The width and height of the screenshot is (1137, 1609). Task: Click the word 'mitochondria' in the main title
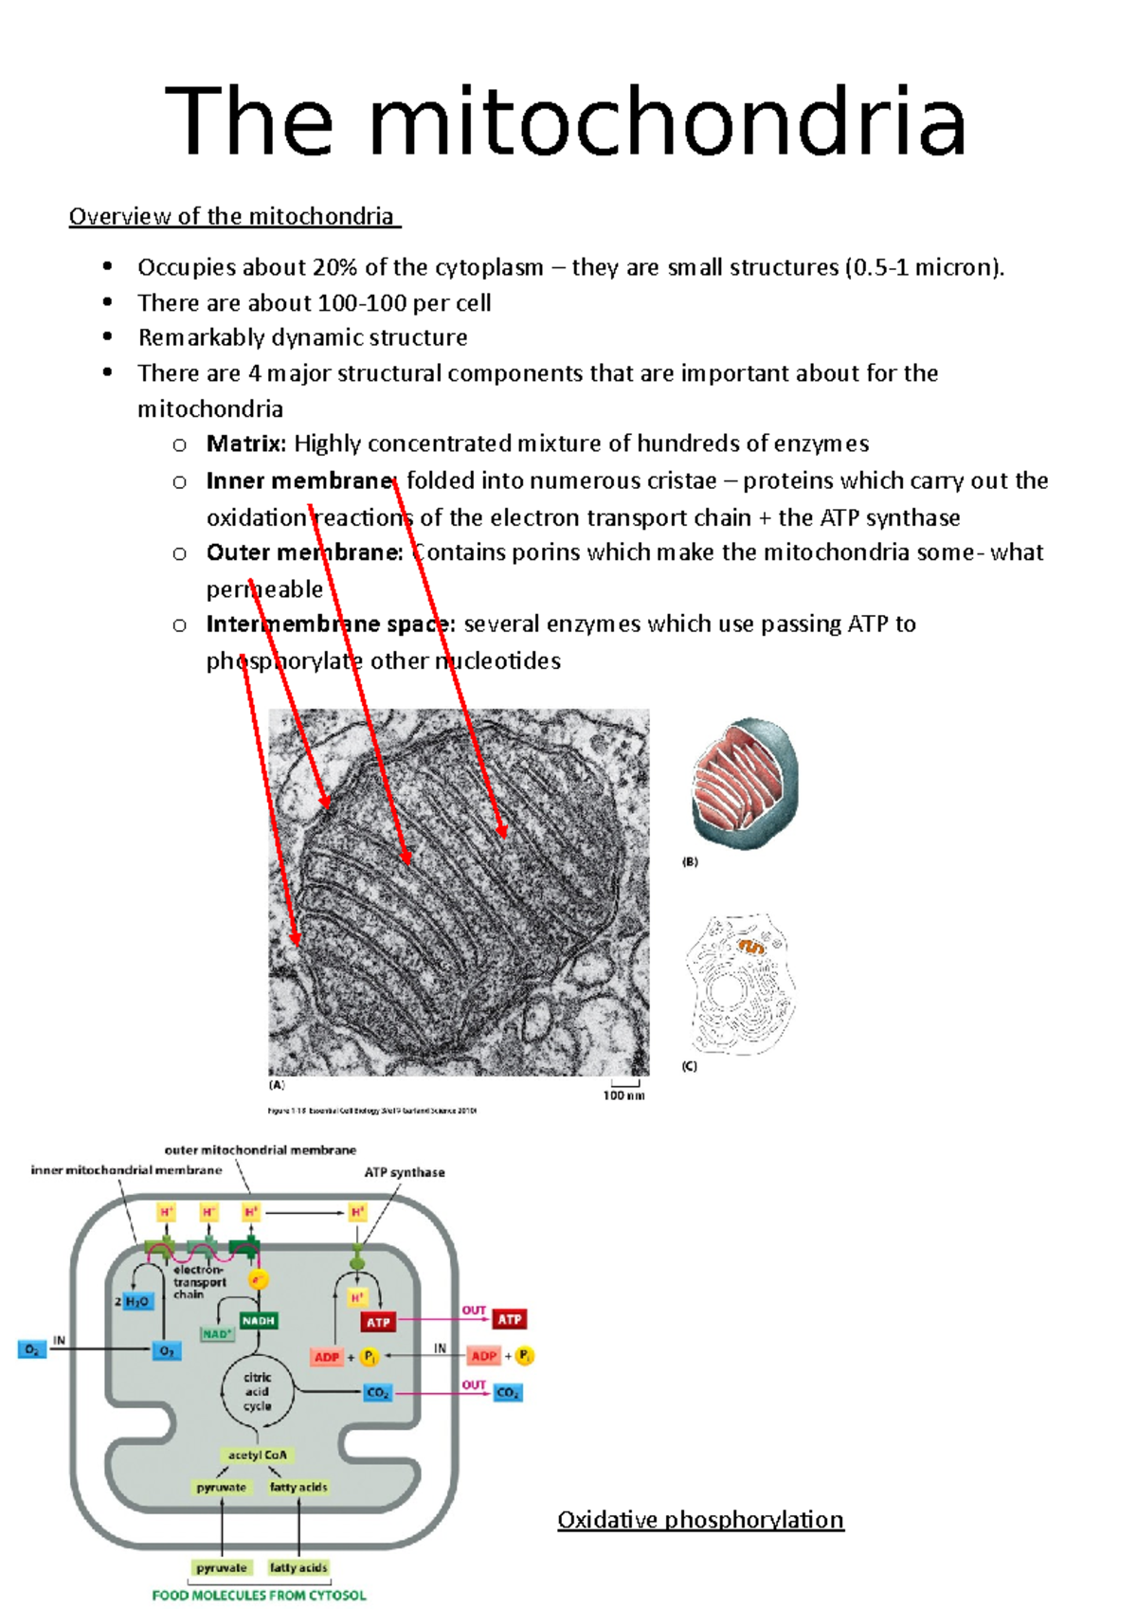(667, 122)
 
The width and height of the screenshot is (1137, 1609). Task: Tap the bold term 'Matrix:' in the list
(245, 443)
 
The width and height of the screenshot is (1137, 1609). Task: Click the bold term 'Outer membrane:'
(304, 552)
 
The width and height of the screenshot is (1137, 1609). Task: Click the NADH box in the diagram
(258, 1320)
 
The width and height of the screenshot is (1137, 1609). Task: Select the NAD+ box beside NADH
(217, 1334)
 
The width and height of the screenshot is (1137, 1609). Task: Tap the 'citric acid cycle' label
(257, 1391)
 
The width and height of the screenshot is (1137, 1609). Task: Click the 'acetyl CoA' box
(257, 1455)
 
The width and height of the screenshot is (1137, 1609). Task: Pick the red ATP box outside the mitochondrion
(510, 1319)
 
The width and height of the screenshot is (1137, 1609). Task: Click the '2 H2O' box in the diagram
(135, 1301)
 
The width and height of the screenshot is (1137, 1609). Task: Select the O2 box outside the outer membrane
(32, 1349)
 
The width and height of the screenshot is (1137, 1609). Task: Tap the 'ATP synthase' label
(405, 1172)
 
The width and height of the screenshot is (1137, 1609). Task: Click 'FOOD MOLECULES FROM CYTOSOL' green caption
(259, 1596)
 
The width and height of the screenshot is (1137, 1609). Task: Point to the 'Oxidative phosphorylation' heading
(700, 1520)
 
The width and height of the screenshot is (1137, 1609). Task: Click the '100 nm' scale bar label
(623, 1095)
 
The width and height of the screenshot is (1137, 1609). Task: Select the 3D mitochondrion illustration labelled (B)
(745, 784)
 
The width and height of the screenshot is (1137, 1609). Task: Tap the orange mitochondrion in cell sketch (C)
(751, 947)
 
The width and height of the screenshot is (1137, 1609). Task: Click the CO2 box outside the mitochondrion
(508, 1393)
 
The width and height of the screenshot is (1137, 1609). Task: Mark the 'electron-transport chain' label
(199, 1281)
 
